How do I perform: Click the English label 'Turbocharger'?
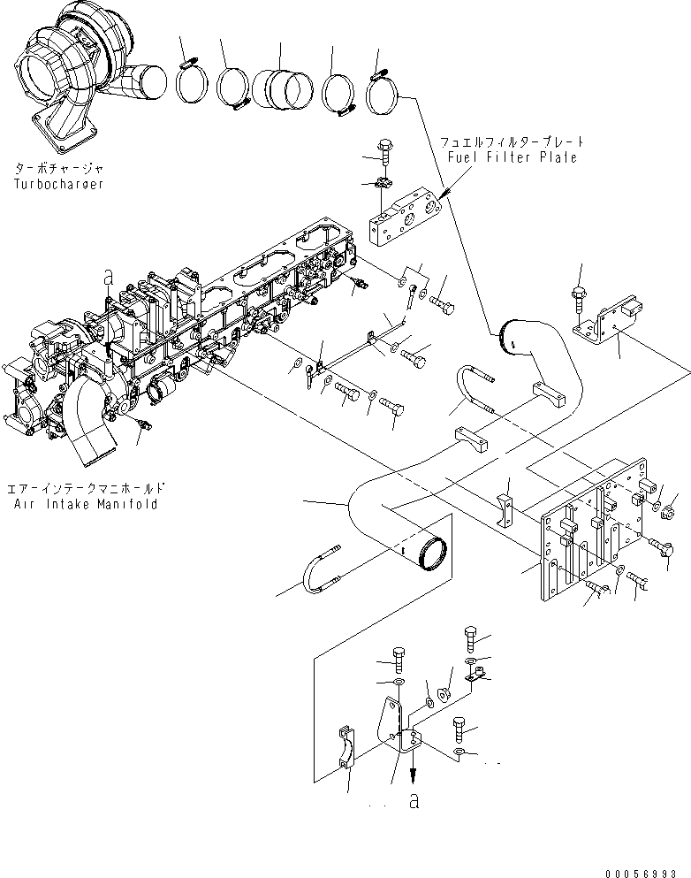tap(58, 184)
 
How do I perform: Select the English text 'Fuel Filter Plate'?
tap(512, 157)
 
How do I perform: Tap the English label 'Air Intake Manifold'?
tap(86, 504)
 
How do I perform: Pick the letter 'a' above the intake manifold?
tap(108, 277)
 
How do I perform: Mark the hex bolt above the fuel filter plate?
tap(386, 149)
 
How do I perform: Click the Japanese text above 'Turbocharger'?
tap(58, 167)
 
